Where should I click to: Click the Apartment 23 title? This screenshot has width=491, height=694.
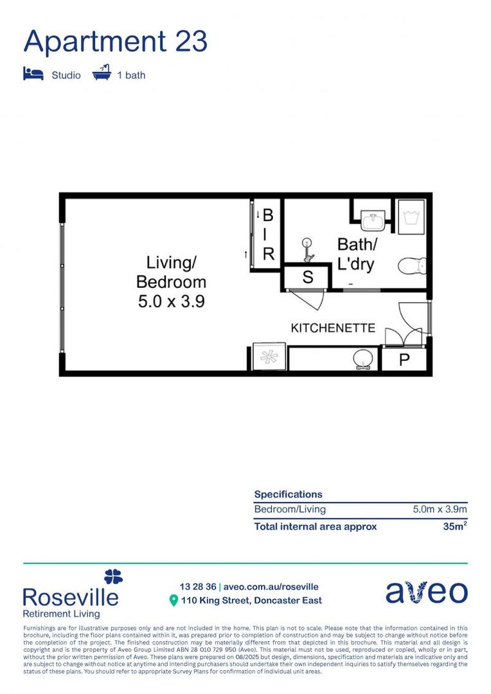click(x=116, y=41)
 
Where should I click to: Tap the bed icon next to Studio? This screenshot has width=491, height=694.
click(x=33, y=74)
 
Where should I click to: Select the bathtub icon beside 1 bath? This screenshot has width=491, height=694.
click(x=102, y=73)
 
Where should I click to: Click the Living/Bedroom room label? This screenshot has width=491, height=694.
click(x=171, y=272)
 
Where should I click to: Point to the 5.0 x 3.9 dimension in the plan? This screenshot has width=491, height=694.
click(x=171, y=301)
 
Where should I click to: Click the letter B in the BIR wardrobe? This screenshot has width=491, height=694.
click(x=268, y=215)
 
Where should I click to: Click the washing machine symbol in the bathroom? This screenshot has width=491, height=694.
click(x=411, y=217)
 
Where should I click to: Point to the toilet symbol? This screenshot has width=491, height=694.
click(x=412, y=265)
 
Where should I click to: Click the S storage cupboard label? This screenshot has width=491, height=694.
click(x=307, y=278)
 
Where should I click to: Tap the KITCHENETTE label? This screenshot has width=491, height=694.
click(x=333, y=328)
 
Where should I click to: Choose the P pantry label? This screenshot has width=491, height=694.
click(x=404, y=360)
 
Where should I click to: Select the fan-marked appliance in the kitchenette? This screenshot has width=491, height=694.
click(x=267, y=359)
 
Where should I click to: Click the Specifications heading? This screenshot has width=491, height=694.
click(x=288, y=494)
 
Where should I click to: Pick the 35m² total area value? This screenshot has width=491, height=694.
click(x=455, y=526)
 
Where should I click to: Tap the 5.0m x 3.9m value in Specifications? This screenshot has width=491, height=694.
click(x=440, y=510)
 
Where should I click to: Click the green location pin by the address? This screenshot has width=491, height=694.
click(x=173, y=601)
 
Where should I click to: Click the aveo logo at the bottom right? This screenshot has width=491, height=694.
click(x=426, y=592)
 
